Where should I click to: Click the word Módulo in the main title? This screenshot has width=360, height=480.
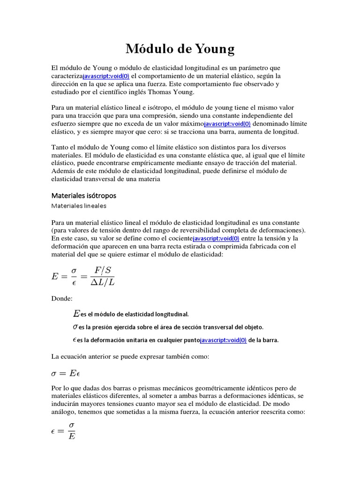point(147,49)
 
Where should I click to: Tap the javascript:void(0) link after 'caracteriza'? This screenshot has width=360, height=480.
point(106,76)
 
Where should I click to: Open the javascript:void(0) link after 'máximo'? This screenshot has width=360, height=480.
point(228,124)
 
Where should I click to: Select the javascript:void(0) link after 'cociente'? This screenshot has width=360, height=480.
point(216,239)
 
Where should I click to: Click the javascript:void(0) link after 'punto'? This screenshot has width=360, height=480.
point(223,341)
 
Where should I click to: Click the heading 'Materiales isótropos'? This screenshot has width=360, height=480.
point(83,195)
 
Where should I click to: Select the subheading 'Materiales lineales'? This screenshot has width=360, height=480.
point(79,206)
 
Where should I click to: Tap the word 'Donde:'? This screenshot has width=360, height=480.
point(62,298)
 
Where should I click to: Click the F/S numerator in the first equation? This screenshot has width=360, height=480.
point(103,270)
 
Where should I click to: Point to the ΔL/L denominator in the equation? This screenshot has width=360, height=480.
point(103,282)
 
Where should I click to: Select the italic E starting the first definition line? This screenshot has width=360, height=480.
point(76,313)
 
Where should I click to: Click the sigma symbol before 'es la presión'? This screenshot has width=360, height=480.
point(75,327)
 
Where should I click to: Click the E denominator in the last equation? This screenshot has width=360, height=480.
point(72,436)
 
